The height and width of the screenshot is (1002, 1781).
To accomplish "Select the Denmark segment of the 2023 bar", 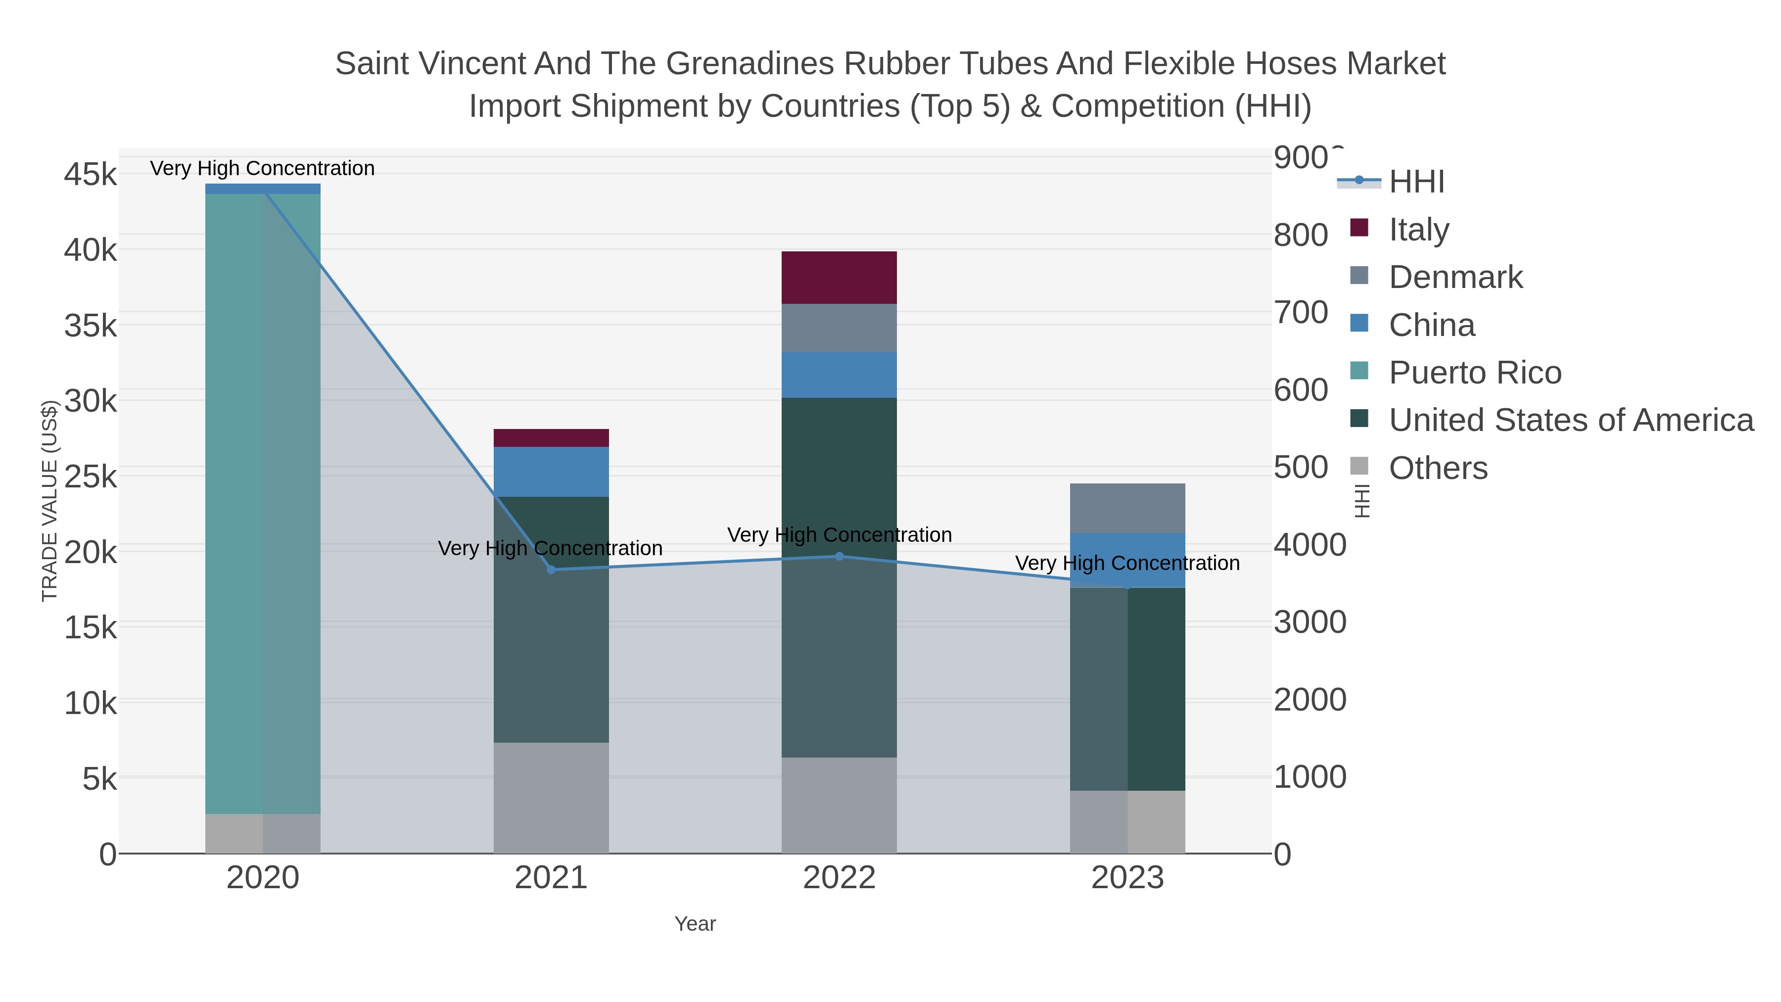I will (x=1127, y=508).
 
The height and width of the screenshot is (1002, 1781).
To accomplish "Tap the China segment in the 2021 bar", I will (x=551, y=472).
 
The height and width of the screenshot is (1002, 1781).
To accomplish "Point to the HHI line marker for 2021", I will (x=551, y=570).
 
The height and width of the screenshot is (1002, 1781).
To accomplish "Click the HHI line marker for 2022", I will (x=840, y=556).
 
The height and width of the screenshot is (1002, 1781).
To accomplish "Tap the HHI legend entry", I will (x=1416, y=182).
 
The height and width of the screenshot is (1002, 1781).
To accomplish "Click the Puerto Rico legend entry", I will (x=1474, y=373).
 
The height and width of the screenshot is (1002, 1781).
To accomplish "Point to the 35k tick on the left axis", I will (x=91, y=326).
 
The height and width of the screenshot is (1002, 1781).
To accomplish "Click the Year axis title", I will (x=695, y=924).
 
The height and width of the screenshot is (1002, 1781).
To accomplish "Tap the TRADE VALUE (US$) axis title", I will (x=50, y=501).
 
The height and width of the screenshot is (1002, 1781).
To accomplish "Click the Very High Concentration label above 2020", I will (x=262, y=168).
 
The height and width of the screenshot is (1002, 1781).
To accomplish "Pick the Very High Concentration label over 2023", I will (x=1127, y=563).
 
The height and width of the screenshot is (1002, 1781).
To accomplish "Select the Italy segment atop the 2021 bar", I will (x=551, y=438).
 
